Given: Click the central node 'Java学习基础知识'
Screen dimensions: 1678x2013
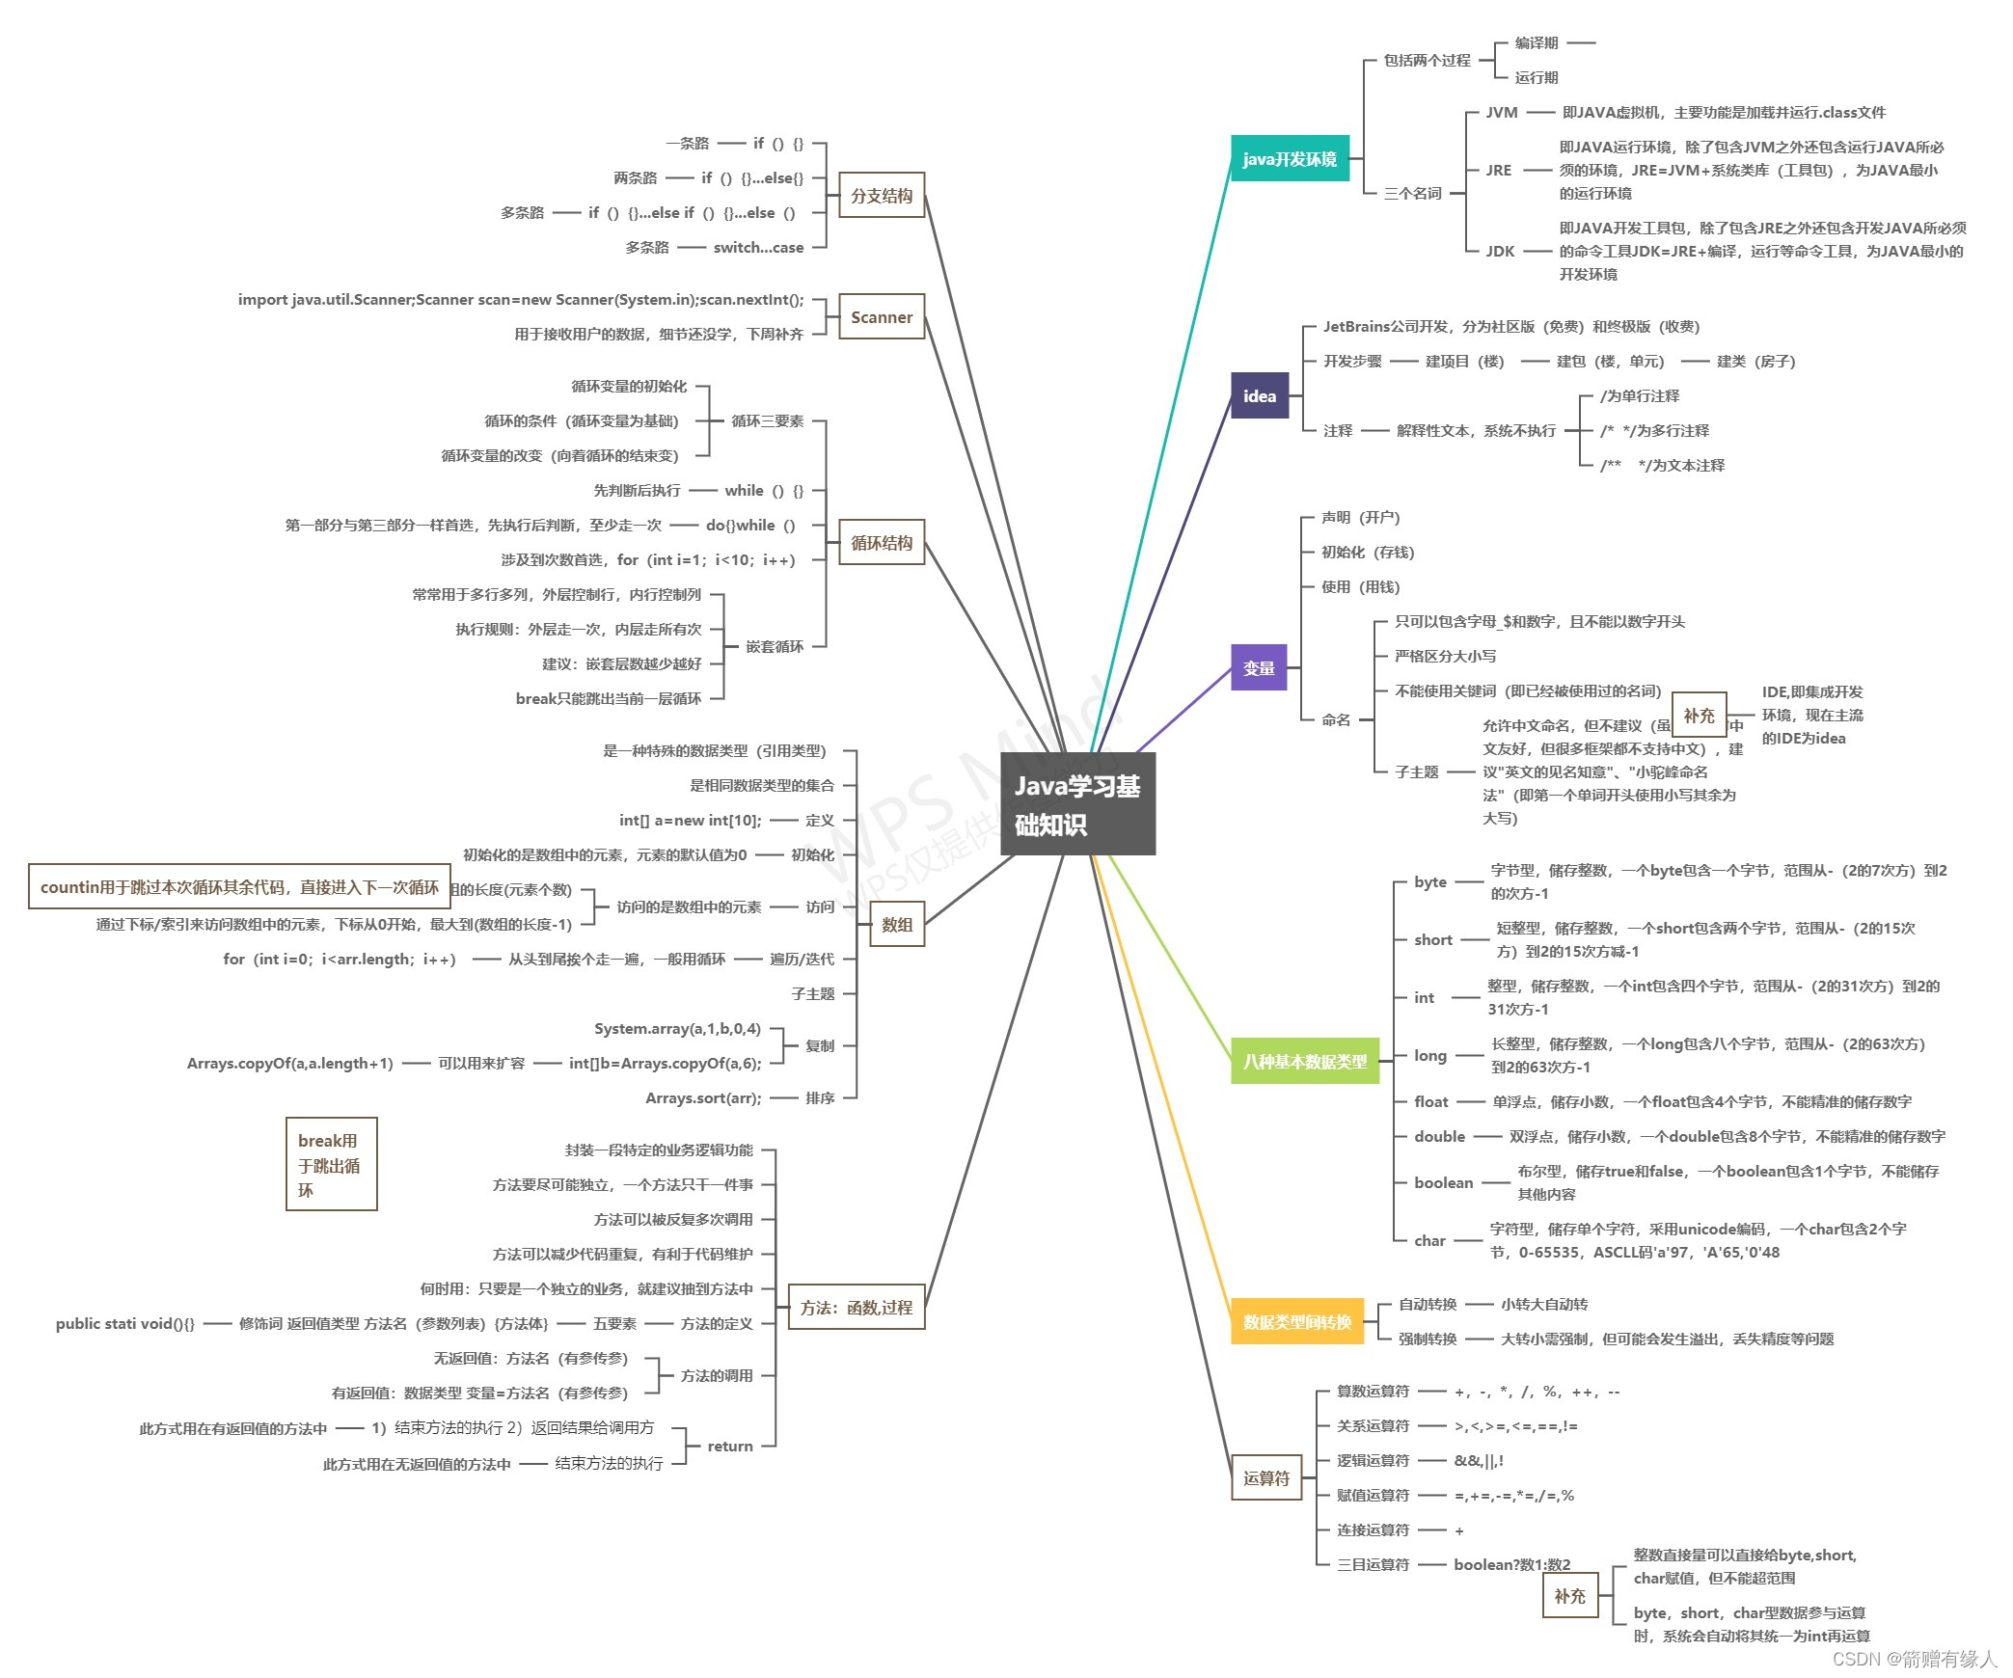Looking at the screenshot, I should coord(1077,804).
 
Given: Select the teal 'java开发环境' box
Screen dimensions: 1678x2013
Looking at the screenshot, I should coord(1289,159).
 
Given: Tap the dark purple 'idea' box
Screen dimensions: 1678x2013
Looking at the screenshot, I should coord(1259,395).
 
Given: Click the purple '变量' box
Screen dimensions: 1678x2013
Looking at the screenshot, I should coord(1258,667).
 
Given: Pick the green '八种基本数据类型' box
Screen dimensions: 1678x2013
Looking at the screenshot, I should coord(1304,1061).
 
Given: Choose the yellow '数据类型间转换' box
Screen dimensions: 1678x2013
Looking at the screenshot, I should coord(1296,1321).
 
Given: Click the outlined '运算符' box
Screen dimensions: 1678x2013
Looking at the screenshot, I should coord(1265,1477).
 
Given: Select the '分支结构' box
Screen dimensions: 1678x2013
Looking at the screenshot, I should coord(881,196).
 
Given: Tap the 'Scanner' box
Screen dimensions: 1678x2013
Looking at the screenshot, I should coord(881,317).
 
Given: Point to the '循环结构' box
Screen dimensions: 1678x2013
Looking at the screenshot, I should coord(881,543).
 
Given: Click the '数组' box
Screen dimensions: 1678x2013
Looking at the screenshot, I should coord(896,925).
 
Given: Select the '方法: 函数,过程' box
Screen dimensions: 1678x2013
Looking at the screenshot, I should coord(856,1308).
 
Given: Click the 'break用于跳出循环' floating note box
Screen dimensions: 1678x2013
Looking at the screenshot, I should coord(331,1164).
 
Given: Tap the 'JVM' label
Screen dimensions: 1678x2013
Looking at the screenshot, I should coord(1501,113).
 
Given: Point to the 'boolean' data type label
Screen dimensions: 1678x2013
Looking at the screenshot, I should coord(1443,1182).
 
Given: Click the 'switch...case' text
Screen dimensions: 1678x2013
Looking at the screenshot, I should coord(758,248).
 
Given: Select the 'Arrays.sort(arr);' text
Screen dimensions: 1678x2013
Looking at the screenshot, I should coord(703,1098).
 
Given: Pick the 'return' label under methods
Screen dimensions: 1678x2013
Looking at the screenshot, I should coord(729,1446).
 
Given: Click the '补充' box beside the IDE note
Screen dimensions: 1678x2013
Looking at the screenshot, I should coord(1699,716).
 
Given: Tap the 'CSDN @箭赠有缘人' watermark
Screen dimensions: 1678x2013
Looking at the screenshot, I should coord(1914,1658).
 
